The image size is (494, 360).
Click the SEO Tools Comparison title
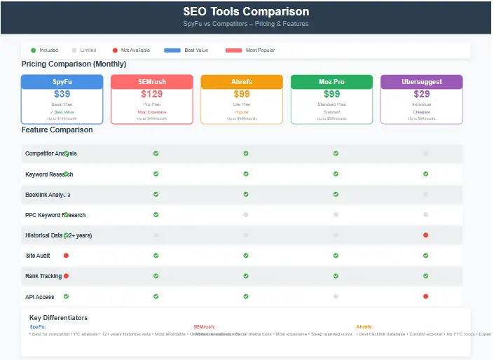point(246,12)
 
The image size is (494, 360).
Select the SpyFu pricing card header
point(62,82)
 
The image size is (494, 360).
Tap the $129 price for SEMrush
point(151,94)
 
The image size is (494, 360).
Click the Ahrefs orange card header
point(242,82)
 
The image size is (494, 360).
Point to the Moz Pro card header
point(331,82)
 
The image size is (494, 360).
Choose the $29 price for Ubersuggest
point(421,94)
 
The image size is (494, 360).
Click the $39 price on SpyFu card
point(62,94)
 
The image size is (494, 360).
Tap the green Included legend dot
point(33,50)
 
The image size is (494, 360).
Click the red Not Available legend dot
point(115,50)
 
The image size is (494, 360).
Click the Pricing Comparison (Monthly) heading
point(74,64)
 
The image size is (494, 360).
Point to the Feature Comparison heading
point(57,130)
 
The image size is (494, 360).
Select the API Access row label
point(40,297)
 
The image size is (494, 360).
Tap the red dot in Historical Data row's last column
point(425,235)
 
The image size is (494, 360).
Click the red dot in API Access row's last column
point(425,297)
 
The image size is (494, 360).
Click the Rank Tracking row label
point(43,277)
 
